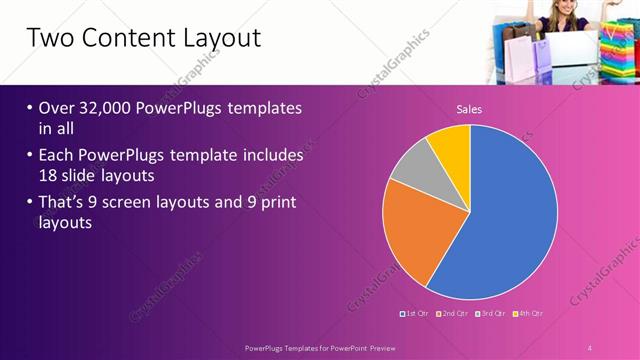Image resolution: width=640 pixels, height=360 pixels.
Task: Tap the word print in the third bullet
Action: coord(276,203)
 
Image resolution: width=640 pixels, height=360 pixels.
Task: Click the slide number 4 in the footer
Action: coord(590,347)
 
